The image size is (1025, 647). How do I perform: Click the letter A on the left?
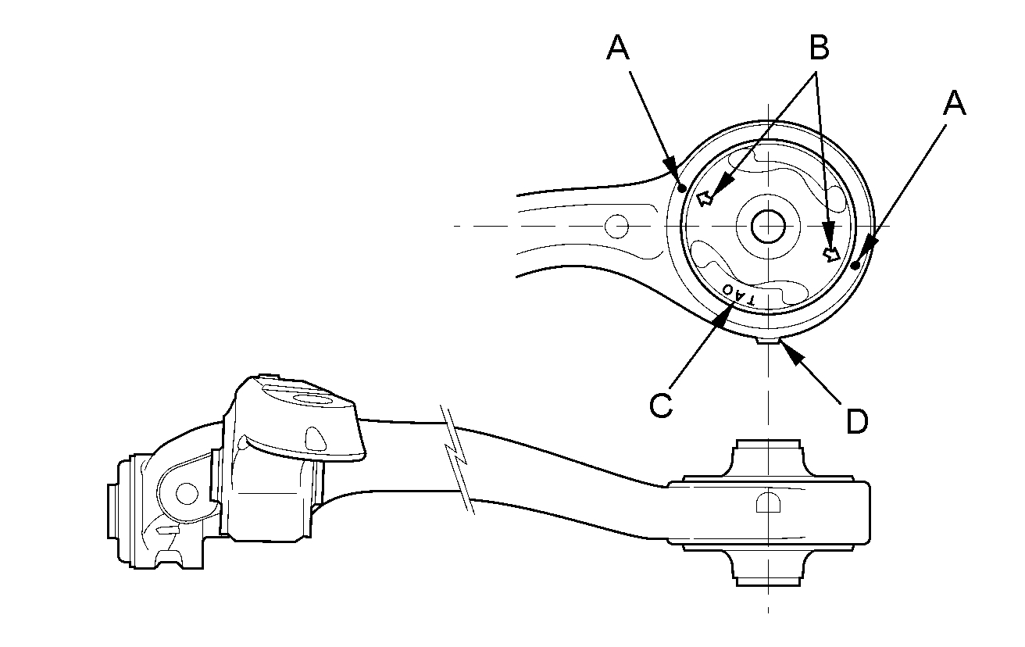click(x=617, y=48)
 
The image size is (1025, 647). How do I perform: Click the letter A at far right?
click(x=954, y=102)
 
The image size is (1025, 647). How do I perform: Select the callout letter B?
click(x=818, y=48)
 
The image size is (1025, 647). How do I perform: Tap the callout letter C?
click(x=660, y=405)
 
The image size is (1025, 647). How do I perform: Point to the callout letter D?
click(x=857, y=421)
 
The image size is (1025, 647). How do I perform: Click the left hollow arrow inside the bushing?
click(x=705, y=198)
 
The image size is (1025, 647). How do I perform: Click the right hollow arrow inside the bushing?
click(x=832, y=253)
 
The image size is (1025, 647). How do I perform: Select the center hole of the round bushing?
click(x=767, y=226)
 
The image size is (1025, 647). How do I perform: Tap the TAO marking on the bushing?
click(x=739, y=295)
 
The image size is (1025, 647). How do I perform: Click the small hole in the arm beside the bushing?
click(x=617, y=227)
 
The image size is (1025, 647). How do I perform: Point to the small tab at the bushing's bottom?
click(x=768, y=339)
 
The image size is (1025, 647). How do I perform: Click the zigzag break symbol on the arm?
click(x=459, y=461)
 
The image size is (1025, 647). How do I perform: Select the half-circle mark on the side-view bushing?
click(x=768, y=503)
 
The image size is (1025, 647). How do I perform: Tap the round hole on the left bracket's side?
click(x=186, y=493)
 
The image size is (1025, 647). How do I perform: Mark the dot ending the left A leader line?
click(x=682, y=188)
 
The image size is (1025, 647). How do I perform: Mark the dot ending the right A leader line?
click(x=856, y=266)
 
